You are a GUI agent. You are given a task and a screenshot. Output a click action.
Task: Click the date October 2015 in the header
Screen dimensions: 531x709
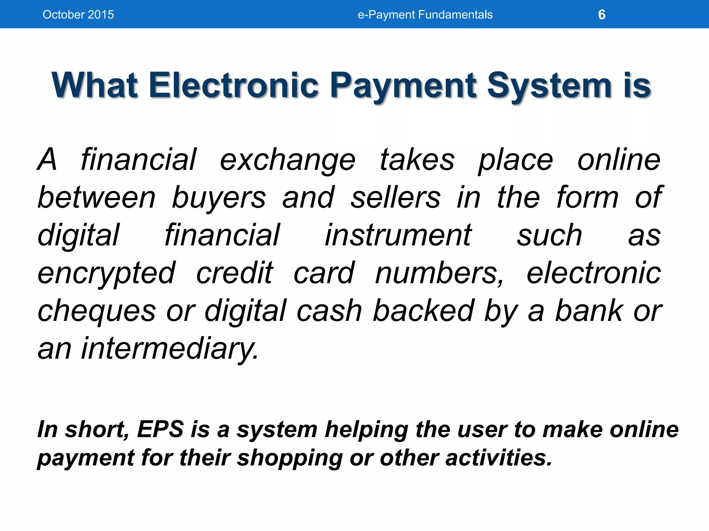click(x=78, y=15)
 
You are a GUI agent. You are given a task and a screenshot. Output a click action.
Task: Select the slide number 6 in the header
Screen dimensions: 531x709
click(x=602, y=15)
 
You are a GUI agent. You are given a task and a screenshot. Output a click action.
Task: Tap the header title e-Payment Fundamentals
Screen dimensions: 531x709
click(x=425, y=15)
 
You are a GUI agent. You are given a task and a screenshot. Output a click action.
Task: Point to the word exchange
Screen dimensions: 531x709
click(x=288, y=160)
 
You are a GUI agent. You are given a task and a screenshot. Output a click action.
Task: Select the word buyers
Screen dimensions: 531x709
click(x=219, y=198)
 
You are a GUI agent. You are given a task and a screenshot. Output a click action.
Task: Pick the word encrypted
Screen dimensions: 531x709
click(x=107, y=274)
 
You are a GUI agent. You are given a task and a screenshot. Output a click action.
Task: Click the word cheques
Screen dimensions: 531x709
click(x=97, y=311)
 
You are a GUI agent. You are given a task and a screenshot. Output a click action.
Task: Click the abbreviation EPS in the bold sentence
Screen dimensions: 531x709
click(x=160, y=429)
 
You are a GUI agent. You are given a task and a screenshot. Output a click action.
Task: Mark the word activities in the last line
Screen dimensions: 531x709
click(x=498, y=458)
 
